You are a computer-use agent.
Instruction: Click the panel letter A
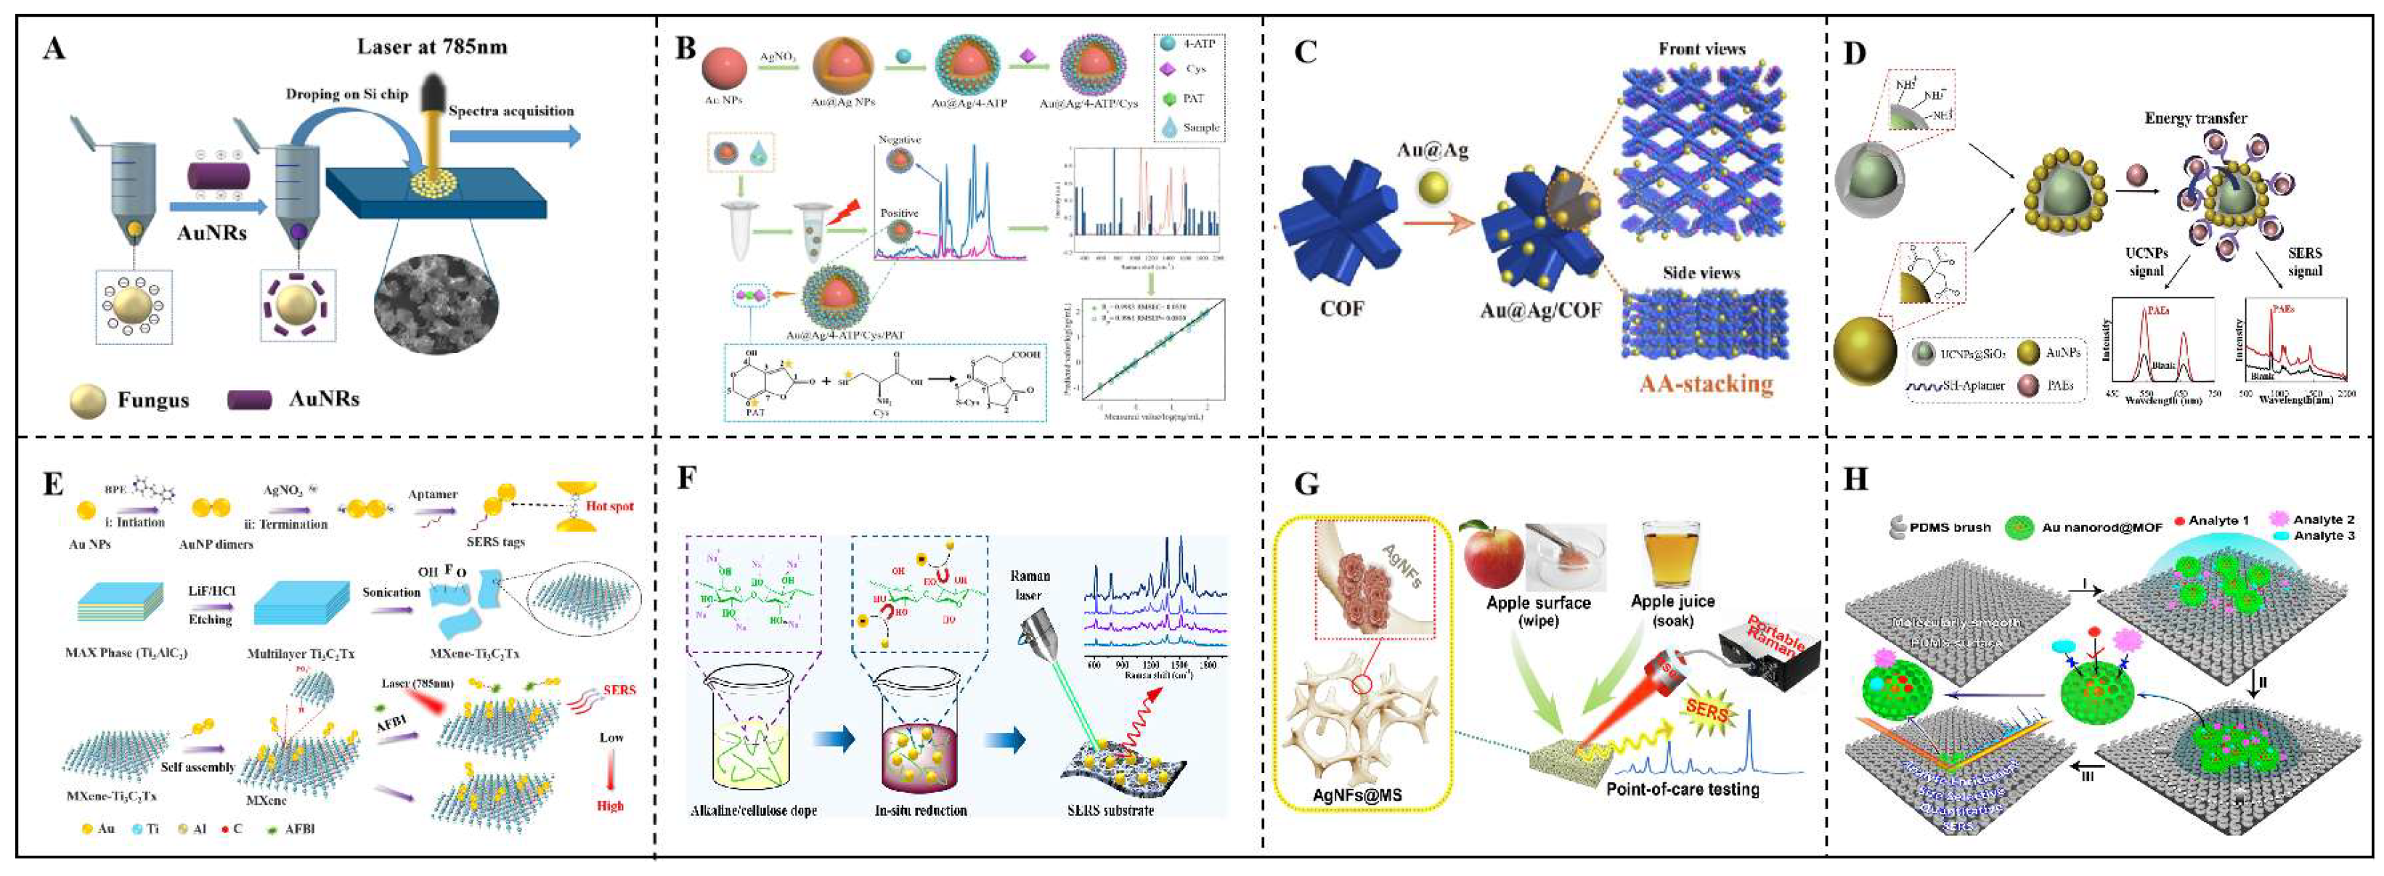pyautogui.click(x=54, y=47)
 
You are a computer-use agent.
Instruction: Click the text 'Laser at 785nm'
pyautogui.click(x=432, y=46)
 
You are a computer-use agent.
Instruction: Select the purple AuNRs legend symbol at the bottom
pyautogui.click(x=249, y=399)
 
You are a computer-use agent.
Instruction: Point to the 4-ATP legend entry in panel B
pyautogui.click(x=1189, y=44)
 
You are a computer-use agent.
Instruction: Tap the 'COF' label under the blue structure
pyautogui.click(x=1341, y=309)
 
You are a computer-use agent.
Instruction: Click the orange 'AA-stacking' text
pyautogui.click(x=1706, y=384)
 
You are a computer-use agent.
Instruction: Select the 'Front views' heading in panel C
pyautogui.click(x=1701, y=49)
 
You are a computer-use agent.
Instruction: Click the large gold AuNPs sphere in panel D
pyautogui.click(x=1865, y=351)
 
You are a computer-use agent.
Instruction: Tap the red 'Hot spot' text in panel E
pyautogui.click(x=609, y=506)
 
